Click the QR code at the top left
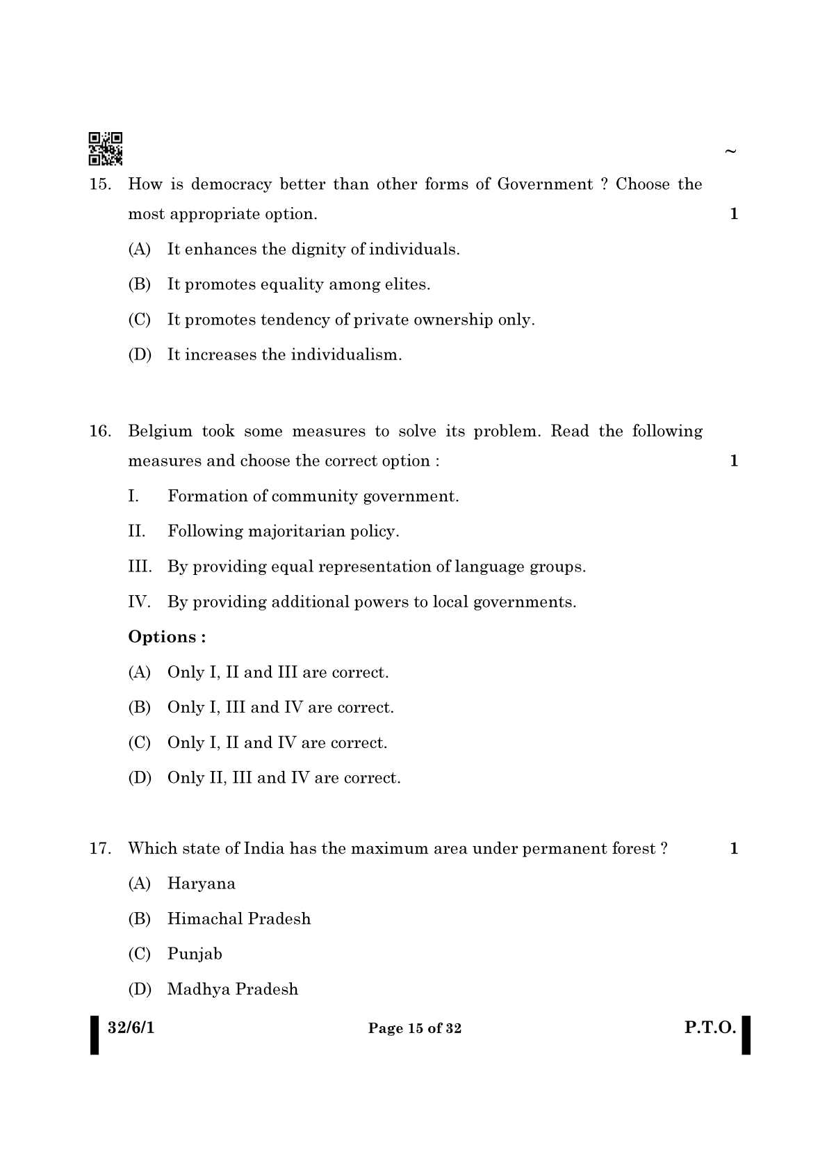pyautogui.click(x=106, y=148)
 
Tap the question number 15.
pyautogui.click(x=99, y=184)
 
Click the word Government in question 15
pyautogui.click(x=545, y=184)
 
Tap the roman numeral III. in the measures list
pyautogui.click(x=140, y=567)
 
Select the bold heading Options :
pyautogui.click(x=167, y=637)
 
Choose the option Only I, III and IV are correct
pyautogui.click(x=280, y=708)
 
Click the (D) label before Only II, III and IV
pyautogui.click(x=140, y=778)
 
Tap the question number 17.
pyautogui.click(x=99, y=849)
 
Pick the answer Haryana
pyautogui.click(x=201, y=884)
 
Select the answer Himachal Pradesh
pyautogui.click(x=238, y=919)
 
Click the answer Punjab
pyautogui.click(x=195, y=954)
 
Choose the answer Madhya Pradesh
pyautogui.click(x=232, y=989)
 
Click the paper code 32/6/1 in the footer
pyautogui.click(x=131, y=1027)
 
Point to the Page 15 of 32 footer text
pyautogui.click(x=414, y=1028)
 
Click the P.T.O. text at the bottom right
pyautogui.click(x=710, y=1027)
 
